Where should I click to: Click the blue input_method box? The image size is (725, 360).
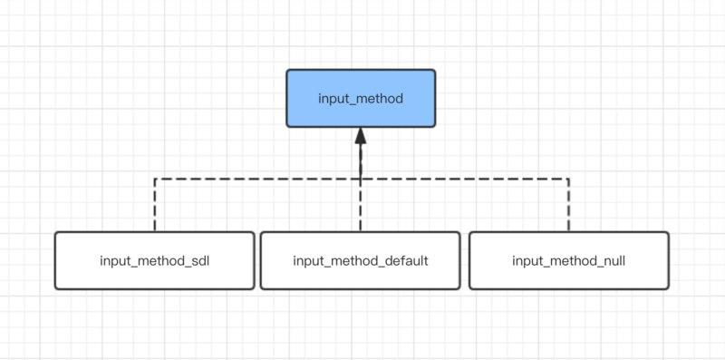click(x=361, y=98)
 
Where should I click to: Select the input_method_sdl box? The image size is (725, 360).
click(x=155, y=260)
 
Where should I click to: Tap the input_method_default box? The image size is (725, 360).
click(x=361, y=260)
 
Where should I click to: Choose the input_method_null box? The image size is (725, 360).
click(x=568, y=260)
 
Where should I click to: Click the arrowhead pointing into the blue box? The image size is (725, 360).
click(x=361, y=137)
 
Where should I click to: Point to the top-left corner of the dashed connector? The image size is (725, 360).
click(x=155, y=179)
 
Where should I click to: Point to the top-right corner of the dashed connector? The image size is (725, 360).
click(x=568, y=179)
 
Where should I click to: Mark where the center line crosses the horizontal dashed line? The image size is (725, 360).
click(x=361, y=179)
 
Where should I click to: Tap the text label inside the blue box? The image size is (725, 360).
click(x=361, y=98)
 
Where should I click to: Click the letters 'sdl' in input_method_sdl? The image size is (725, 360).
click(x=199, y=261)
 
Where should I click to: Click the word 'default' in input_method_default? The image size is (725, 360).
click(x=405, y=261)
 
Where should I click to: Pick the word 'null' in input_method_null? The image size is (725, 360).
click(x=611, y=261)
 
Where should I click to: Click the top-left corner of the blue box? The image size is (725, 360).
click(x=287, y=70)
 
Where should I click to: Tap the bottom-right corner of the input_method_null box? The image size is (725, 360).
click(x=668, y=288)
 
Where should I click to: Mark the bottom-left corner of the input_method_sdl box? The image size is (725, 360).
click(x=55, y=288)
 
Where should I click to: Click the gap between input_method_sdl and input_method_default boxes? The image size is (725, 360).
click(x=257, y=260)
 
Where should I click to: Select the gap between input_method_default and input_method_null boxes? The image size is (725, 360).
click(x=464, y=260)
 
